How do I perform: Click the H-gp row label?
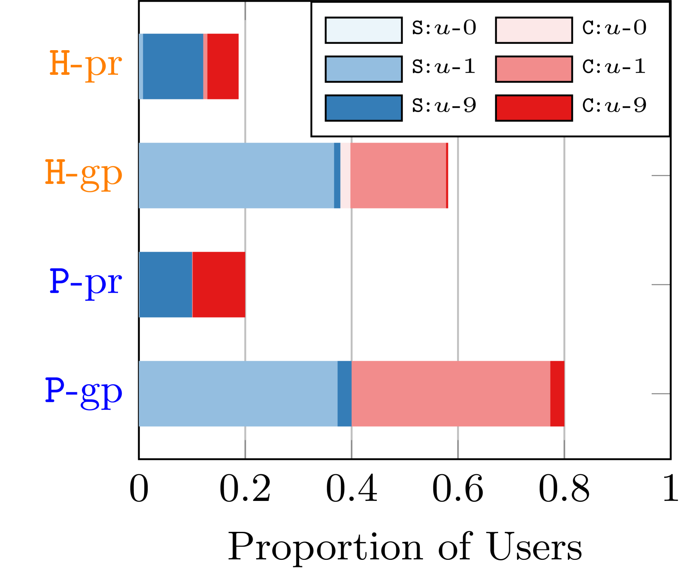pyautogui.click(x=84, y=174)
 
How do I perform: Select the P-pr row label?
pyautogui.click(x=86, y=283)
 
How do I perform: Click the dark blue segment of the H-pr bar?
pyautogui.click(x=173, y=66)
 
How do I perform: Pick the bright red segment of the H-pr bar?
pyautogui.click(x=223, y=66)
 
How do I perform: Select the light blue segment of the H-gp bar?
pyautogui.click(x=236, y=175)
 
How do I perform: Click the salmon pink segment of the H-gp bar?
pyautogui.click(x=398, y=175)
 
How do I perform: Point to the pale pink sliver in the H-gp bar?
pyautogui.click(x=345, y=175)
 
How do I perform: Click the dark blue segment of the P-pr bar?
pyautogui.click(x=166, y=285)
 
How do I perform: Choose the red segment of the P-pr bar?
pyautogui.click(x=219, y=285)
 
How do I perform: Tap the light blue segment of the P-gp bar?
pyautogui.click(x=238, y=394)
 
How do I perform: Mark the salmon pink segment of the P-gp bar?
pyautogui.click(x=451, y=394)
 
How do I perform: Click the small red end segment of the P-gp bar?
pyautogui.click(x=557, y=394)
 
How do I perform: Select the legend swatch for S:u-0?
pyautogui.click(x=363, y=30)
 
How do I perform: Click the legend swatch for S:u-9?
pyautogui.click(x=363, y=108)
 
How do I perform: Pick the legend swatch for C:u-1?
pyautogui.click(x=534, y=69)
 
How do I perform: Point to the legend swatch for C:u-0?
pyautogui.click(x=534, y=30)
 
